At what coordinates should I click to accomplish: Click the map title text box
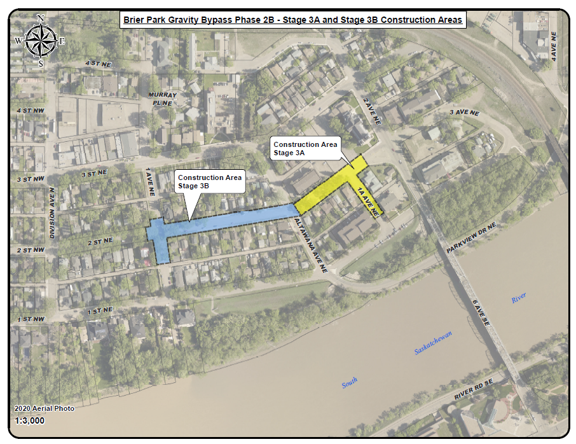coord(292,20)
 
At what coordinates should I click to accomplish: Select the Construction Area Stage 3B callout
coord(209,181)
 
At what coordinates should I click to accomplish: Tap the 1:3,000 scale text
coord(30,420)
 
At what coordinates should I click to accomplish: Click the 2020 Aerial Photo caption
coord(44,408)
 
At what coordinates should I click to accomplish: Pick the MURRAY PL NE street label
coord(161,99)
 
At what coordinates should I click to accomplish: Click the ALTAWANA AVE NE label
coord(311,246)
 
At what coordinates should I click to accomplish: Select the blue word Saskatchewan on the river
coord(438,342)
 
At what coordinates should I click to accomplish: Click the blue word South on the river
coord(350,383)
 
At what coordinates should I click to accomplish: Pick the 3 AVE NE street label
coord(463,112)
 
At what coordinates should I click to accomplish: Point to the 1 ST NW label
coord(31,318)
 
